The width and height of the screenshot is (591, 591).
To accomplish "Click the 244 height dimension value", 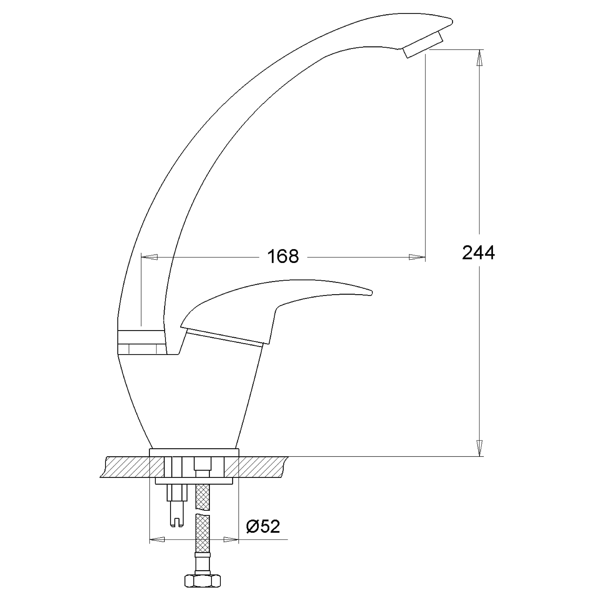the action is (478, 253).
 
